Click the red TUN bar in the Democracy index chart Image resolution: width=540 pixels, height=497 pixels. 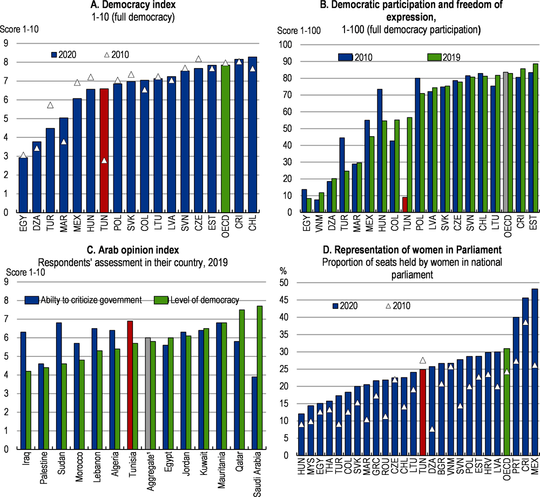[104, 150]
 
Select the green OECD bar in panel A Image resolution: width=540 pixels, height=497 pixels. [225, 138]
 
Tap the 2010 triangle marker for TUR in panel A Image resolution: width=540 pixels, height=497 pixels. [50, 105]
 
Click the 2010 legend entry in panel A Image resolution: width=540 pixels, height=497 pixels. [117, 55]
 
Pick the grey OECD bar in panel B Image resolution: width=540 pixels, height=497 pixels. [505, 142]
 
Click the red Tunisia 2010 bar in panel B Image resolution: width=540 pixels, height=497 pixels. [405, 204]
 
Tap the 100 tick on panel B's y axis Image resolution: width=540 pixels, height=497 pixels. [285, 45]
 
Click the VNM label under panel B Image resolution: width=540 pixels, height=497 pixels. [319, 223]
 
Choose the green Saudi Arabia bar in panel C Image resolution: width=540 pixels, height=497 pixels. [260, 377]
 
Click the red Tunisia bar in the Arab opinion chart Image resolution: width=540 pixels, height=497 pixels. [130, 385]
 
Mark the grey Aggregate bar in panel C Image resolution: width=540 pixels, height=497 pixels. [148, 394]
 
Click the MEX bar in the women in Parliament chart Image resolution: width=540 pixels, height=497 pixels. [535, 372]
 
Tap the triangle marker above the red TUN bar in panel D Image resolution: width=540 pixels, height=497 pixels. [423, 360]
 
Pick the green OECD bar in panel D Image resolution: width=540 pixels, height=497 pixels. [507, 402]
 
